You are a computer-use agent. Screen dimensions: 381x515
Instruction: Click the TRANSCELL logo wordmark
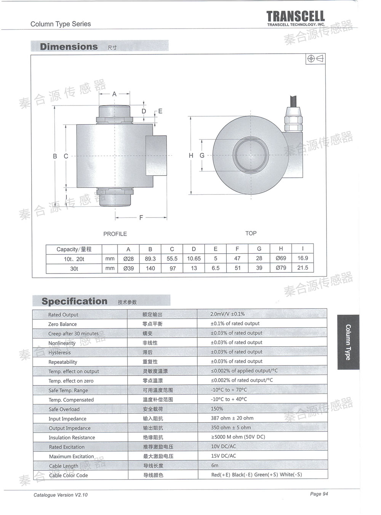295,16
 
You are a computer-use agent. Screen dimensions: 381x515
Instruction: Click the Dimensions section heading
69,47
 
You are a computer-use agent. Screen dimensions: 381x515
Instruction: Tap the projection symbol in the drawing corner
315,59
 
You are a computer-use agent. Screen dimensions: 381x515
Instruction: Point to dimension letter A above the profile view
114,94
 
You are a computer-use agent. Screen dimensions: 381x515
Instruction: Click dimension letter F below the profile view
141,218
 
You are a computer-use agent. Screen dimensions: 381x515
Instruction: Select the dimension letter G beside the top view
202,155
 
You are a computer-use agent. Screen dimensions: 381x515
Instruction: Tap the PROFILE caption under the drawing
115,234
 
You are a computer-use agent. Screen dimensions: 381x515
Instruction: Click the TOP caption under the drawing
251,233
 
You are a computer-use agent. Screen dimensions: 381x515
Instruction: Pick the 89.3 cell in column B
150,259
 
